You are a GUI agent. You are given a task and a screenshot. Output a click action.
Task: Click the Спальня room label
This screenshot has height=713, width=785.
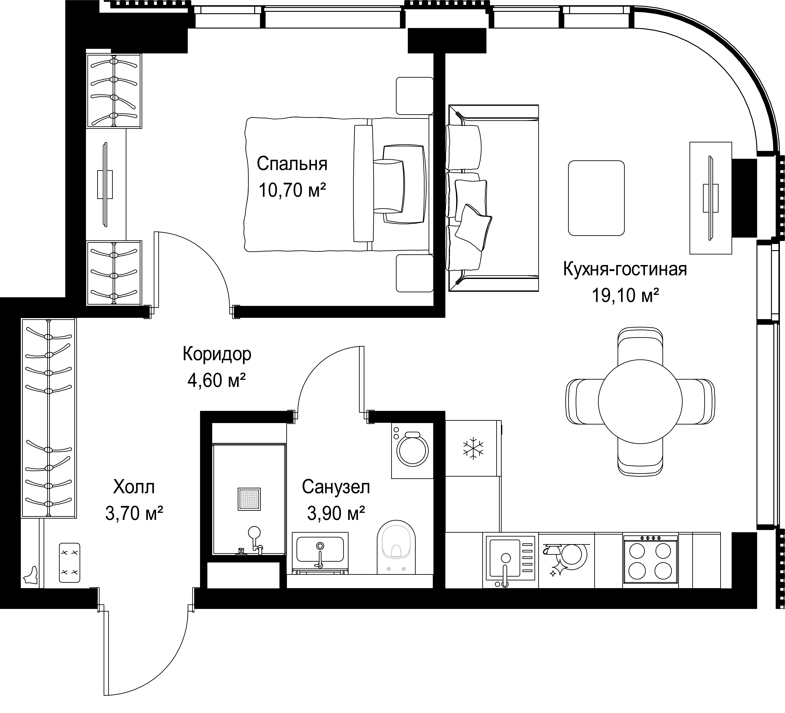[x=292, y=164]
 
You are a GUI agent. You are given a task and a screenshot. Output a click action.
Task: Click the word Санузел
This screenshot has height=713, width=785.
[x=336, y=487]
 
